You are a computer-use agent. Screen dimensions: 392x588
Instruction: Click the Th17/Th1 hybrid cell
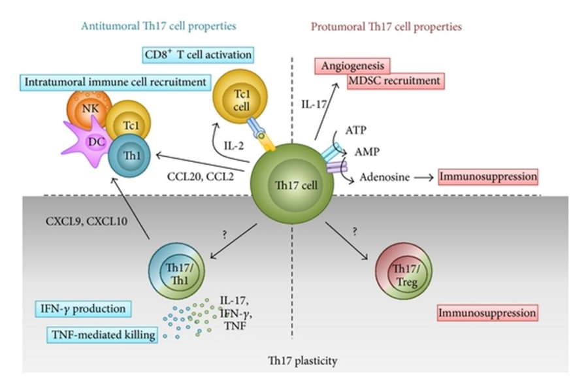[174, 272]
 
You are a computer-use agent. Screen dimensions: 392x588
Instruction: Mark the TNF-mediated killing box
[103, 335]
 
